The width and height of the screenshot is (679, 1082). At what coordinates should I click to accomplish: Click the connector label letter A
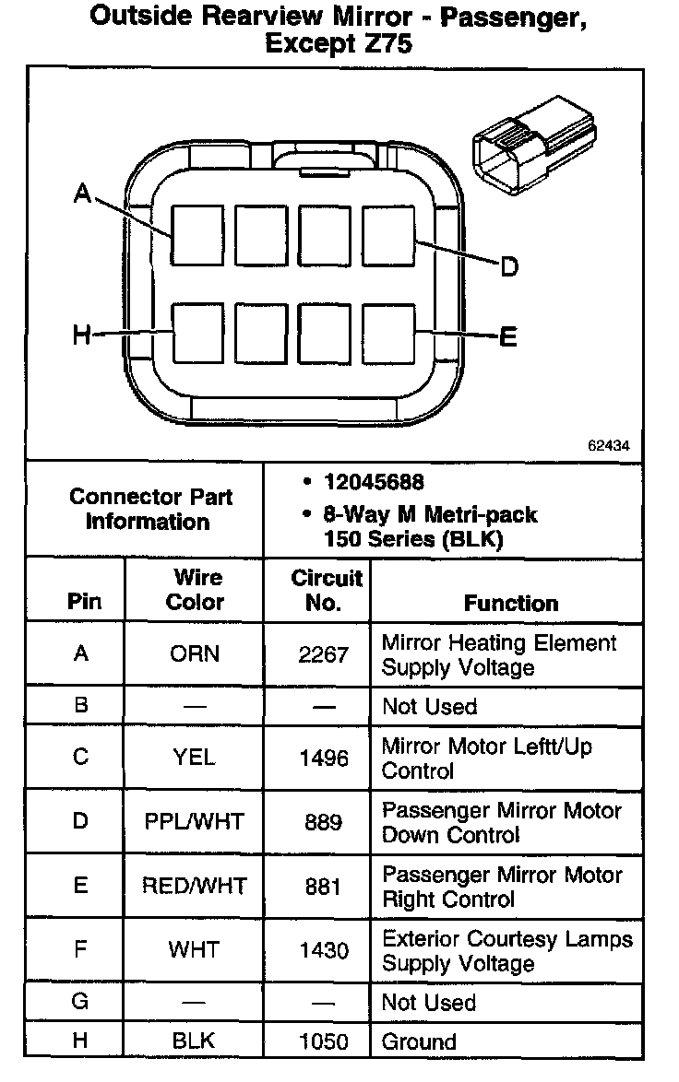pyautogui.click(x=82, y=194)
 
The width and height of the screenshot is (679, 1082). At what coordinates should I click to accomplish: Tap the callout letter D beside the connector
pyautogui.click(x=509, y=267)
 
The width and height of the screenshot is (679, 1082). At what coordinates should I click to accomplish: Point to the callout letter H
pyautogui.click(x=82, y=335)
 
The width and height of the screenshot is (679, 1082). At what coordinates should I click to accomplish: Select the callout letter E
pyautogui.click(x=508, y=337)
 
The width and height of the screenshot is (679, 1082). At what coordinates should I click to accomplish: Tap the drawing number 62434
pyautogui.click(x=608, y=444)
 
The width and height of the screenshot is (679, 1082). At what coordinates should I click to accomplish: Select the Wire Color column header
pyautogui.click(x=195, y=590)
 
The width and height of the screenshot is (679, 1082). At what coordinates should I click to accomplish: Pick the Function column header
pyautogui.click(x=510, y=603)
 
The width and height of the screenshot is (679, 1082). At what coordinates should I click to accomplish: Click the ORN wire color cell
pyautogui.click(x=195, y=653)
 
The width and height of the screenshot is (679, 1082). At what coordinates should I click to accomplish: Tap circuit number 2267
pyautogui.click(x=323, y=654)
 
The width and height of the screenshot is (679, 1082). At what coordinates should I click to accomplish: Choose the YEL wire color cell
pyautogui.click(x=195, y=758)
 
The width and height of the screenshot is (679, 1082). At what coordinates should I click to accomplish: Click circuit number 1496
pyautogui.click(x=323, y=759)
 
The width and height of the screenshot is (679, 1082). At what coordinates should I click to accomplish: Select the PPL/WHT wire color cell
pyautogui.click(x=195, y=820)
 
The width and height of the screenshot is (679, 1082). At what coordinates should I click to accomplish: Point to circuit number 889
pyautogui.click(x=323, y=821)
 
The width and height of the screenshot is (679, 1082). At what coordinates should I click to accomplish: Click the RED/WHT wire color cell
pyautogui.click(x=195, y=886)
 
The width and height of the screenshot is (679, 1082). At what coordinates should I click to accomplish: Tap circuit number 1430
pyautogui.click(x=323, y=950)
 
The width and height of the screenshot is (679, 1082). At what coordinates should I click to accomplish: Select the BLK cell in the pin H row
pyautogui.click(x=195, y=1041)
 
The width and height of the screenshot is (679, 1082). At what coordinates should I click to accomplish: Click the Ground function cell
pyautogui.click(x=419, y=1041)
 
